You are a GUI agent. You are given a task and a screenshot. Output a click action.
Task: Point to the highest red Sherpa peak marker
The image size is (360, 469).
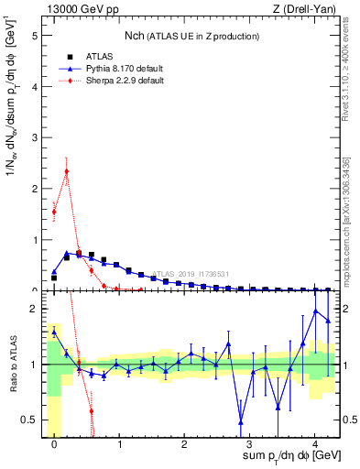[x=66, y=170]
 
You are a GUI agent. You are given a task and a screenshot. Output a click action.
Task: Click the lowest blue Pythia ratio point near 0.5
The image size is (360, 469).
[x=240, y=422]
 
